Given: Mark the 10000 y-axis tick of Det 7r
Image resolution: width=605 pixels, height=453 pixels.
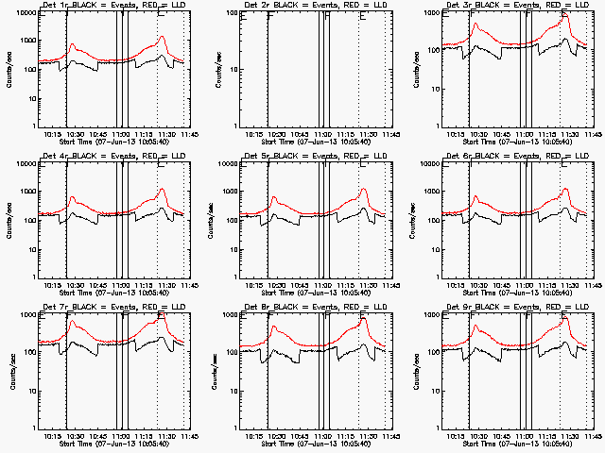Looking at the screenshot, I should tap(26, 315).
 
